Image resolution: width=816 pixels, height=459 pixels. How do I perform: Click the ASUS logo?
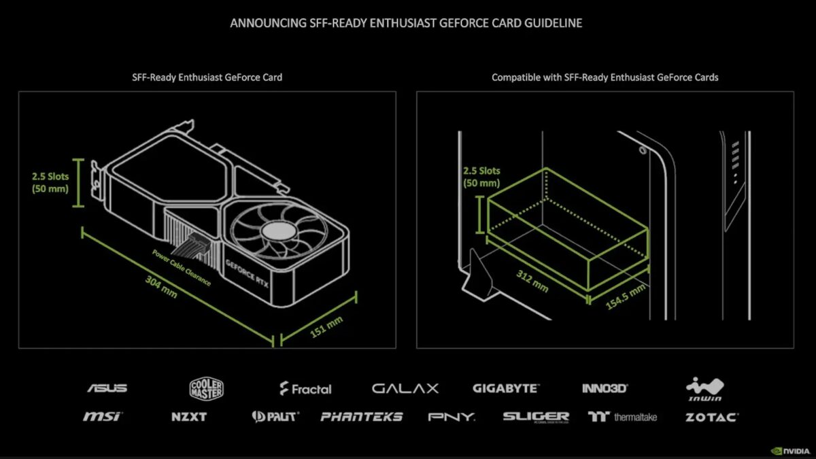107,388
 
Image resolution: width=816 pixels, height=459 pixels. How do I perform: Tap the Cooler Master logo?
207,388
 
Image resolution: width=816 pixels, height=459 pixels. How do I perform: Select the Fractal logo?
305,389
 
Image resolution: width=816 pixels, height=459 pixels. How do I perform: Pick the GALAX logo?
405,388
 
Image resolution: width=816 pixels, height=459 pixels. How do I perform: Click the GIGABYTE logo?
505,388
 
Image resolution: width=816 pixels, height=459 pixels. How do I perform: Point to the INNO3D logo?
605,388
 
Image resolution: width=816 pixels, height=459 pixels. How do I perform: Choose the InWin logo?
704,389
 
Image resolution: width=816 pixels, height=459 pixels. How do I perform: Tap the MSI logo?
102,416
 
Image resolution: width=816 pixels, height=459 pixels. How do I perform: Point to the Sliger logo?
536,416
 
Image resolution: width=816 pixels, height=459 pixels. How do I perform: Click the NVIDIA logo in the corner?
789,450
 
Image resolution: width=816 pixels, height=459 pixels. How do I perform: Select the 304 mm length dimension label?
160,288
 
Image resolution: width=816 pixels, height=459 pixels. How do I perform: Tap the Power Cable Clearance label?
182,268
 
